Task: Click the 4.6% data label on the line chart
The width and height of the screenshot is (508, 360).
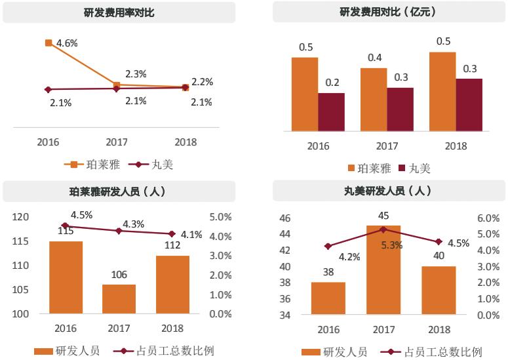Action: click(x=67, y=43)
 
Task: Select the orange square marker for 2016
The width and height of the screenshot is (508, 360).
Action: click(x=49, y=43)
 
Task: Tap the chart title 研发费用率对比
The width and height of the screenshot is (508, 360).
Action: click(x=119, y=12)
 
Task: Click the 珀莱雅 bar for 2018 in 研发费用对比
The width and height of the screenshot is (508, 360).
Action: click(x=442, y=91)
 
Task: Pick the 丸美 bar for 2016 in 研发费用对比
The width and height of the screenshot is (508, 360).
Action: click(x=331, y=111)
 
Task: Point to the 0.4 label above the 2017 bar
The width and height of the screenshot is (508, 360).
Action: click(x=374, y=58)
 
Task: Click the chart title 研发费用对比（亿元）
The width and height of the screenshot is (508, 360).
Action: click(x=388, y=12)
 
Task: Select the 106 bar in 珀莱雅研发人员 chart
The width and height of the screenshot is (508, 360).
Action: click(x=119, y=298)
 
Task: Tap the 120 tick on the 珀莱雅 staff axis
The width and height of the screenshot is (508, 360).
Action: click(x=21, y=217)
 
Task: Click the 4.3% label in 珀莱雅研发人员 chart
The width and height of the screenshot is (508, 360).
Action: click(x=134, y=224)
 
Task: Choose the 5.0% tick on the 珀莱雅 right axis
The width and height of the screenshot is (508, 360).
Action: click(x=220, y=217)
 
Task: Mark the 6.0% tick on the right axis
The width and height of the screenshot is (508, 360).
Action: click(x=488, y=218)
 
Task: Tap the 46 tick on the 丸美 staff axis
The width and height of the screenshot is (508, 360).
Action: click(x=285, y=218)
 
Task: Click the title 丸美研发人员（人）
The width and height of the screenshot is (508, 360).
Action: click(x=388, y=191)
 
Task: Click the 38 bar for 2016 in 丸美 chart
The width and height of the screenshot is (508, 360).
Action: click(x=328, y=298)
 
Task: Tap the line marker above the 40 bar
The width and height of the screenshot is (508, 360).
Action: click(x=439, y=242)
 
